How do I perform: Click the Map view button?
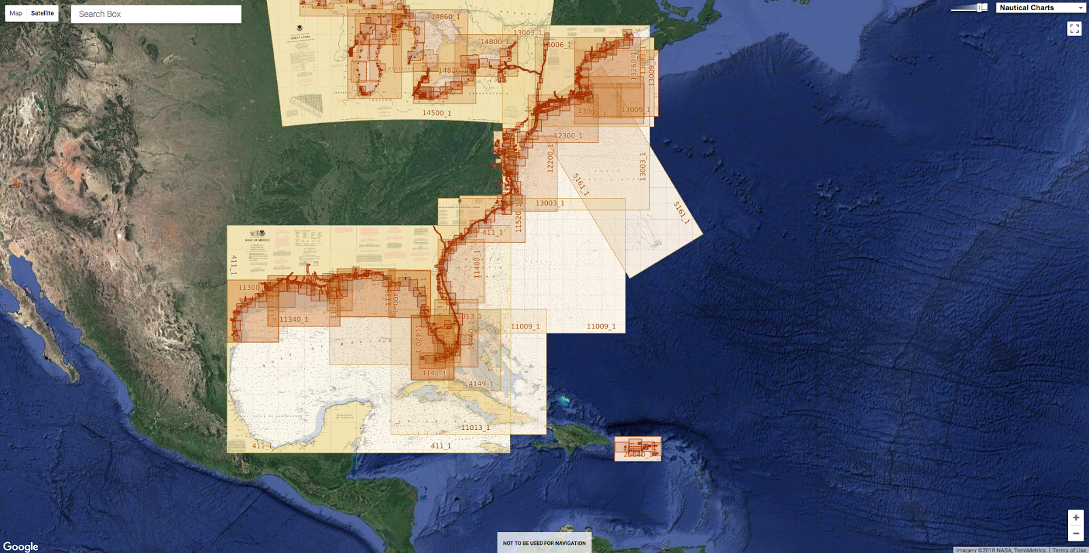16,13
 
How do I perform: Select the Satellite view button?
42,13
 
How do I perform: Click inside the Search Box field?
156,14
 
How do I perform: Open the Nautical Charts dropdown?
1041,7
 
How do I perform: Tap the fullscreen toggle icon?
1074,29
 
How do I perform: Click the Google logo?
20,546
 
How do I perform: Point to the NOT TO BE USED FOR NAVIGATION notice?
544,543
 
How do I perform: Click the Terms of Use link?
1069,550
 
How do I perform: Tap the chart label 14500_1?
436,113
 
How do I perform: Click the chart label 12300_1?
568,136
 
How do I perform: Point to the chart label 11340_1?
293,319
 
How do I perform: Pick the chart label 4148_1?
434,373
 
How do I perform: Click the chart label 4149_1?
481,384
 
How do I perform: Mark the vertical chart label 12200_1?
551,158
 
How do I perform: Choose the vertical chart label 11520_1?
518,218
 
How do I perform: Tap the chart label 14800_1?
494,42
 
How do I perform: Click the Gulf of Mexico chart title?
257,239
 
